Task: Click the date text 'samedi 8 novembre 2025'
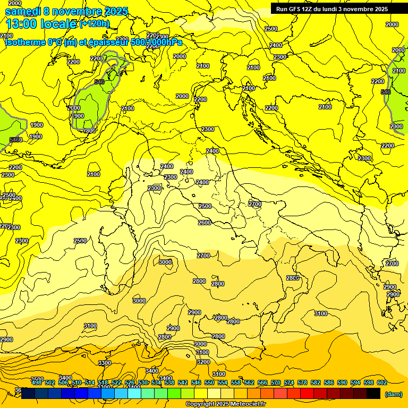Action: [66, 11]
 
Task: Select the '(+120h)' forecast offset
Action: [95, 23]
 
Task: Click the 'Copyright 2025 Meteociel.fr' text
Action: [225, 404]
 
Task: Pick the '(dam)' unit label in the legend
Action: [393, 394]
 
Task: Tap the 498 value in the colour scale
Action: [37, 382]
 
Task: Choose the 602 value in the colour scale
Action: [382, 382]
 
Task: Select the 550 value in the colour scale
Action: [209, 382]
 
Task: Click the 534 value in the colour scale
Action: [156, 382]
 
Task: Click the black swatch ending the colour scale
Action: [373, 393]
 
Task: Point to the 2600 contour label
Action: [205, 223]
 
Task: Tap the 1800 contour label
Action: [89, 131]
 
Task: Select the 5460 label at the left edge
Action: [16, 140]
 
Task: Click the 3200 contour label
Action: [203, 362]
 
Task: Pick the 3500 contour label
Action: [37, 379]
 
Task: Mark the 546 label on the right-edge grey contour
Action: [386, 92]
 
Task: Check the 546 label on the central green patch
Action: [99, 82]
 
